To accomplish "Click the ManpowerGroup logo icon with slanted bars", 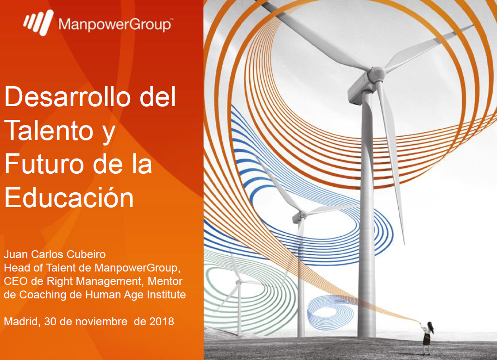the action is tap(38, 22).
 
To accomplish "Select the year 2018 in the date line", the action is tap(162, 322).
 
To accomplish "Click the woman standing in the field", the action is tap(427, 337).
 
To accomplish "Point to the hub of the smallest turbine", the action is tap(239, 281).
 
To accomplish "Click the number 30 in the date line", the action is tap(50, 322).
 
